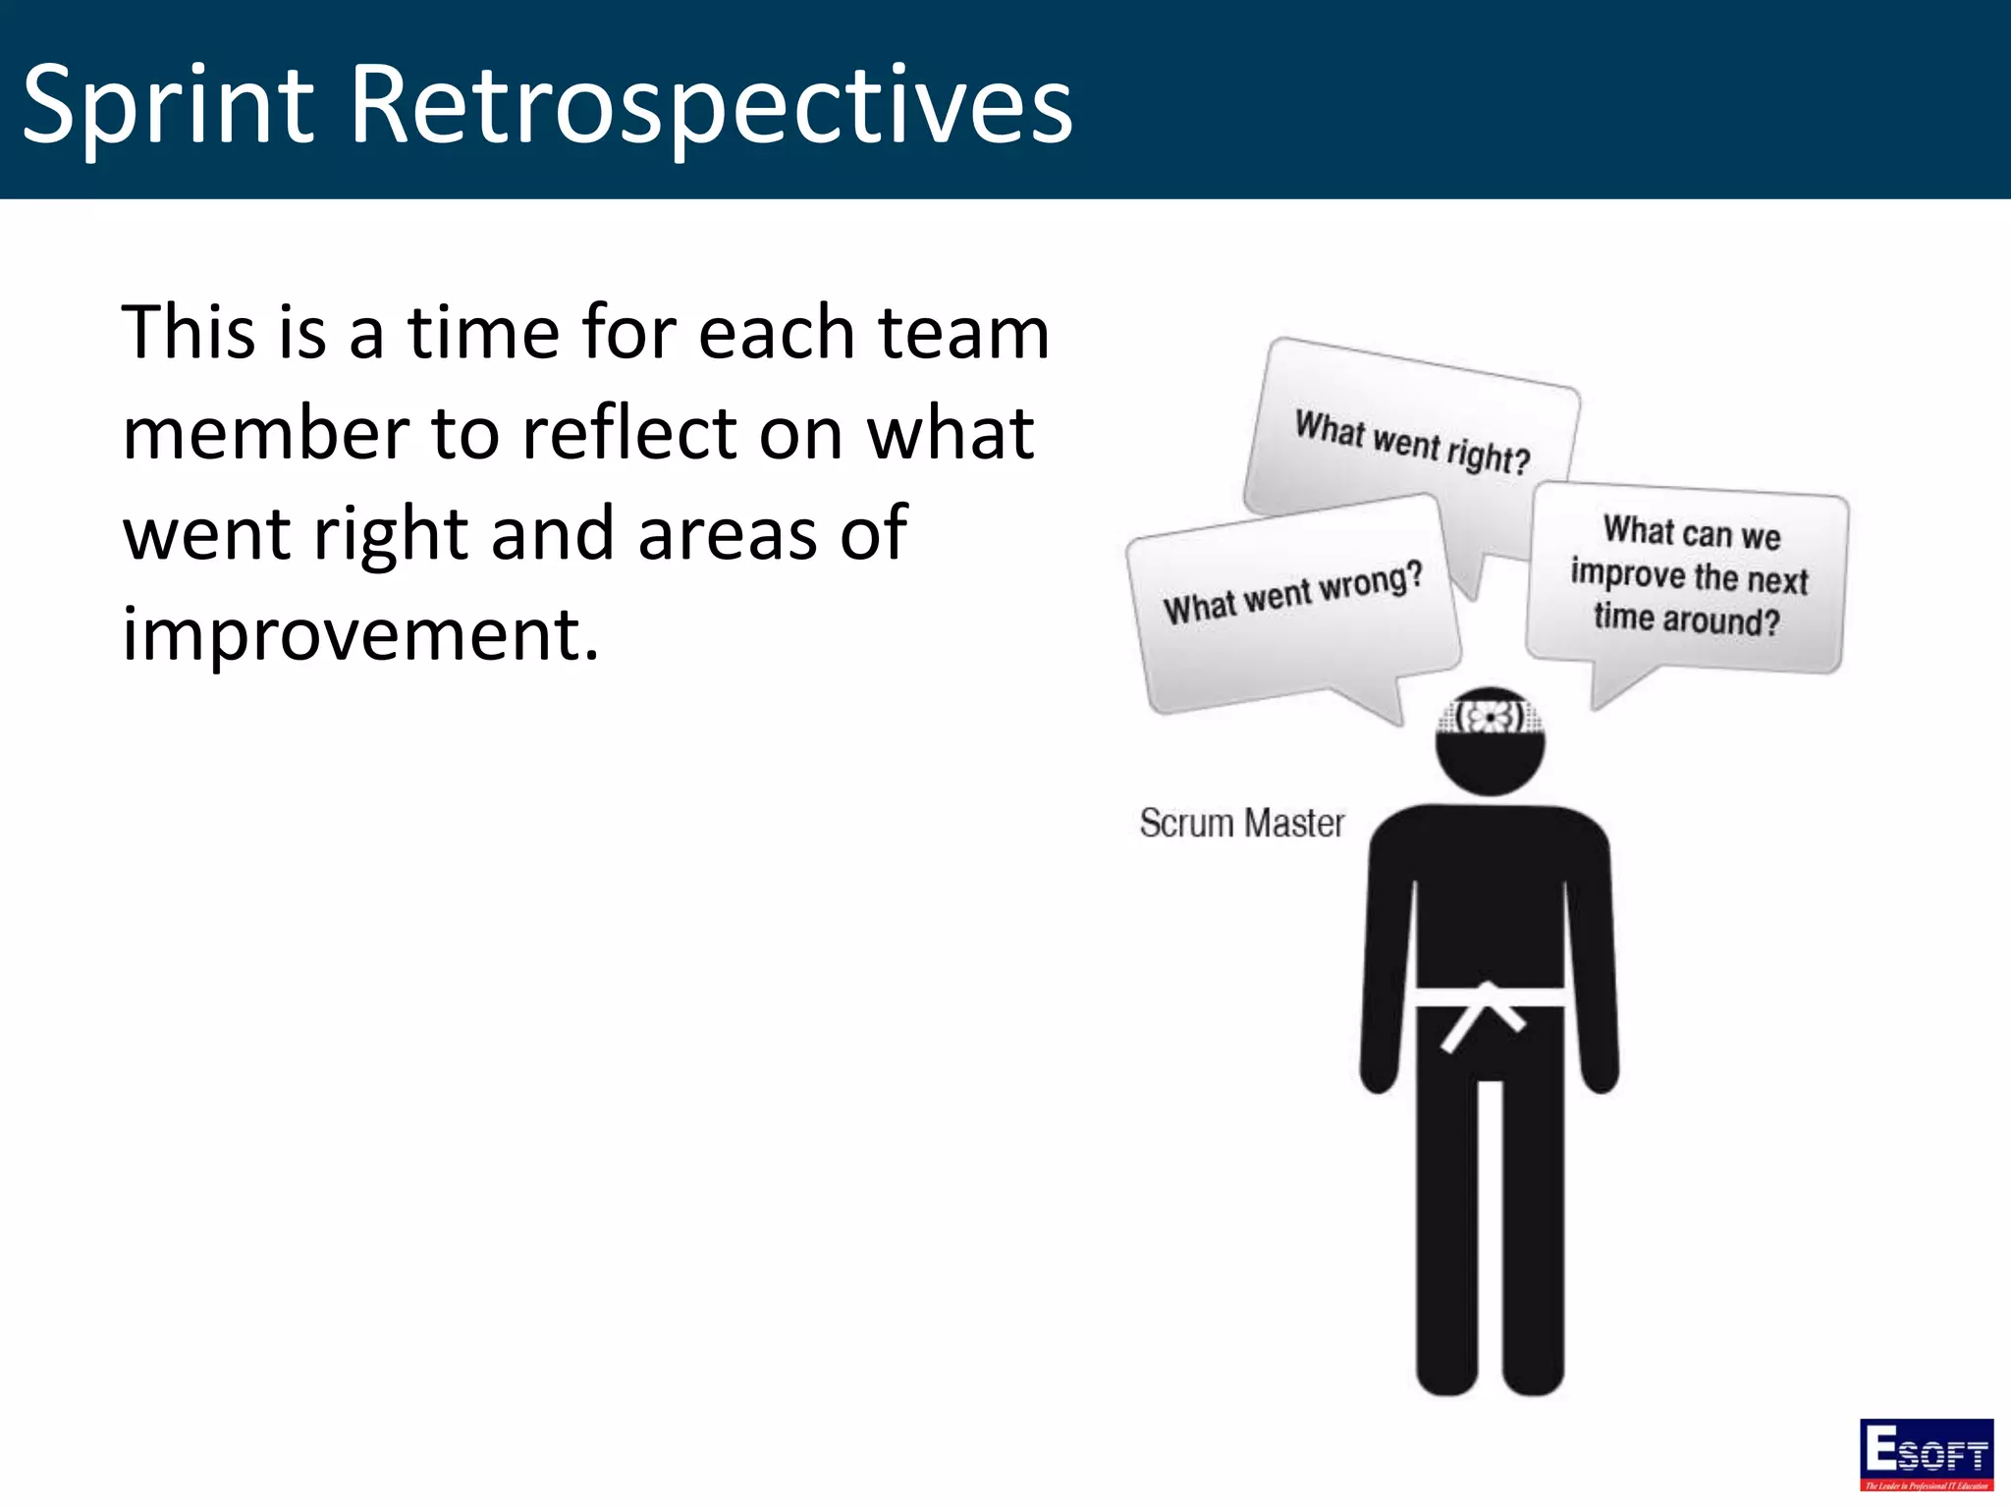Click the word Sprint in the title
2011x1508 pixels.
167,104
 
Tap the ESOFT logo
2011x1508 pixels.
1926,1454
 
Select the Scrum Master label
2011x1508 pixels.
1241,823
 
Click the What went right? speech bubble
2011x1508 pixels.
1412,442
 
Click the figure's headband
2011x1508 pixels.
1490,716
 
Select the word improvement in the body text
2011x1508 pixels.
359,634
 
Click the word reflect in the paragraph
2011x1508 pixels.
628,433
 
